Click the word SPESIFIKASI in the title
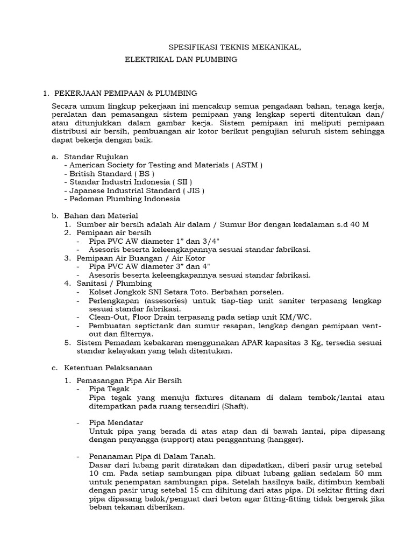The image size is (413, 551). pos(190,48)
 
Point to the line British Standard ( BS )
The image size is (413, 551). pos(111,173)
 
